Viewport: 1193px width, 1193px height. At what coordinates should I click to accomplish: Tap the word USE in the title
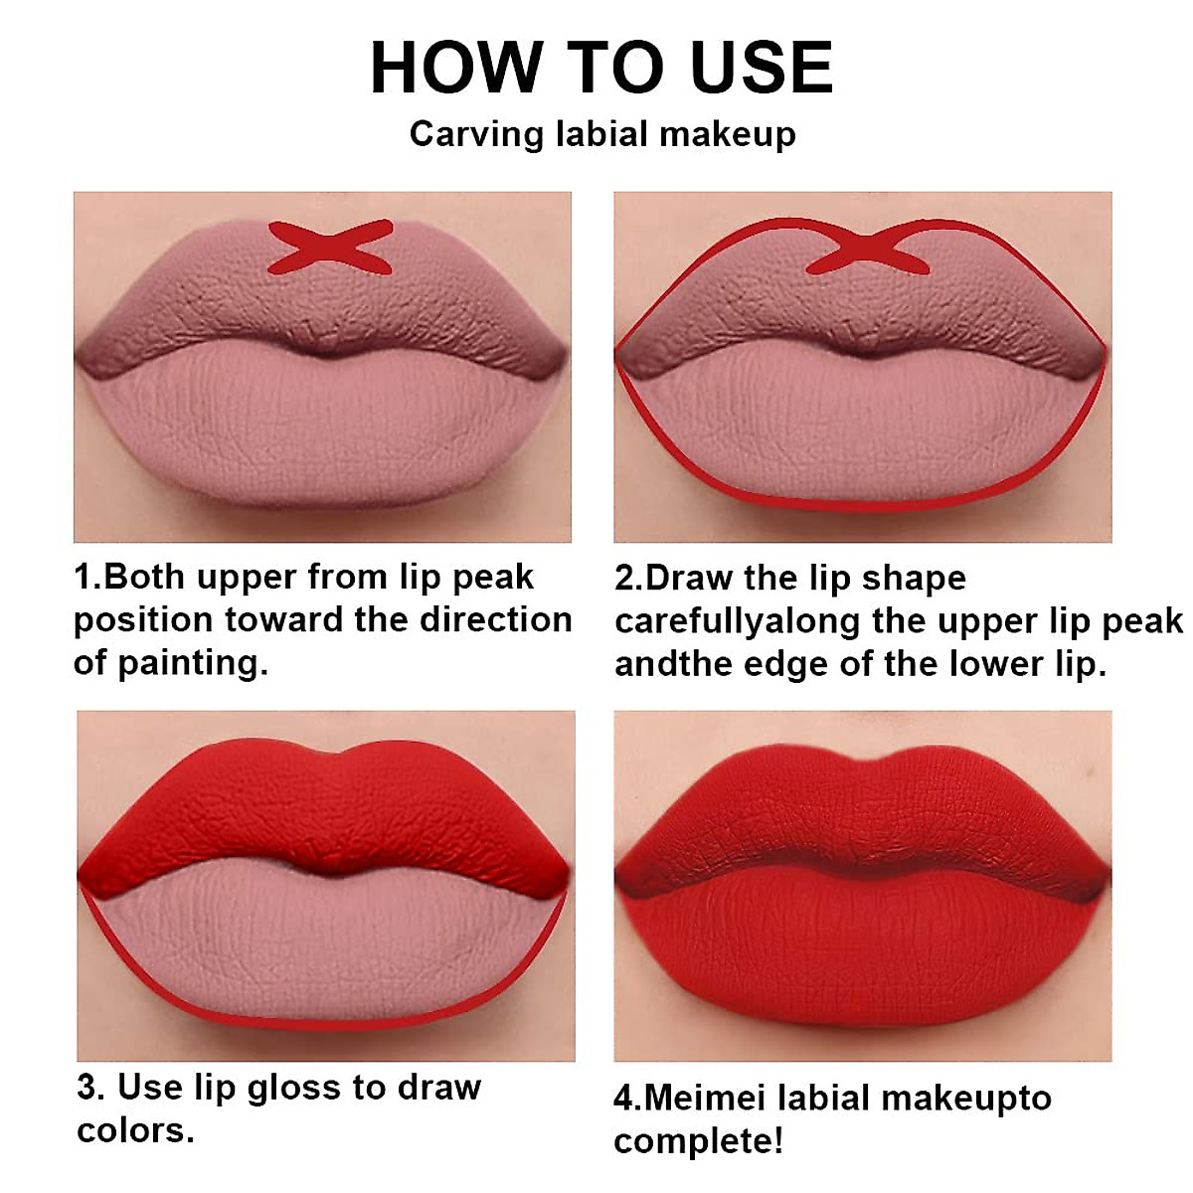coord(762,69)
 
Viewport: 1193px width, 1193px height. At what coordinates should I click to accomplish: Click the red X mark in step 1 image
coord(329,248)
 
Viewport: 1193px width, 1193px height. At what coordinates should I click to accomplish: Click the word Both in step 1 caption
coord(146,577)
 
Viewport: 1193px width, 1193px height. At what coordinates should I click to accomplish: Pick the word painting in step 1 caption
coord(189,662)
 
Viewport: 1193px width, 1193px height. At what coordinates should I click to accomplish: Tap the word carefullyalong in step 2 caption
coord(737,620)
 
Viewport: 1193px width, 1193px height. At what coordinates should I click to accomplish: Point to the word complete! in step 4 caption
coord(698,1140)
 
